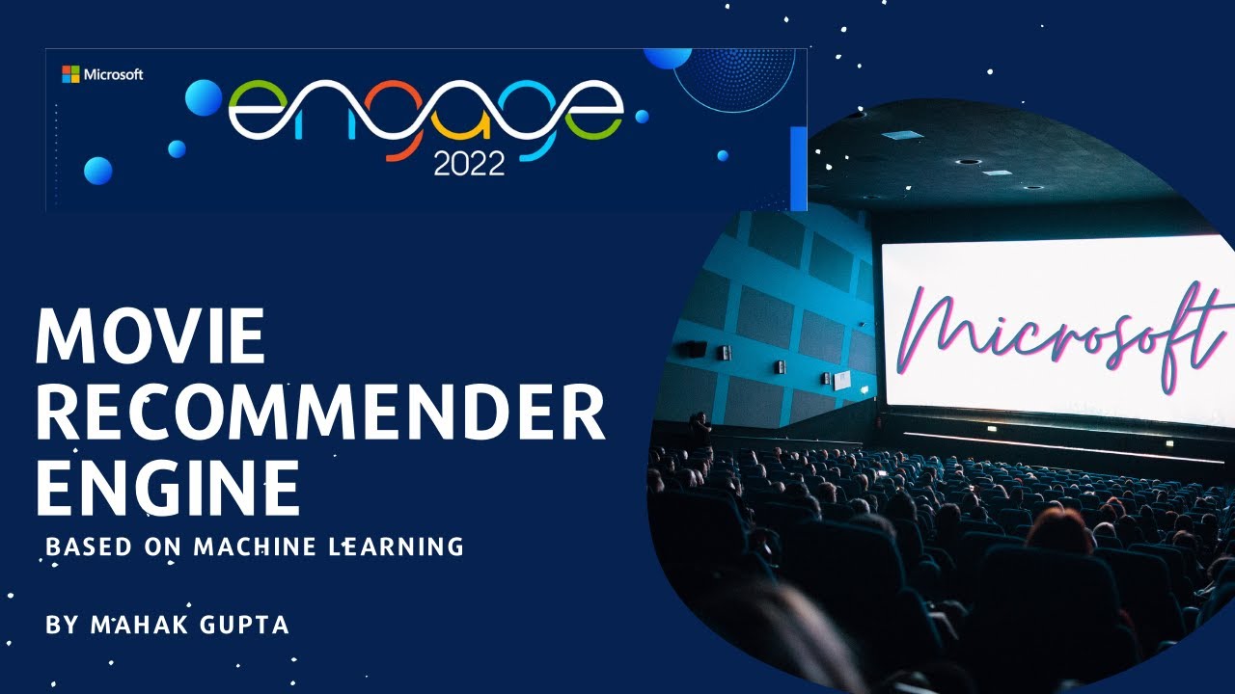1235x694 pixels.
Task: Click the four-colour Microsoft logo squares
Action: coord(70,74)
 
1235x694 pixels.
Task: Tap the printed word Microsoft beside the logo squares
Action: coord(114,74)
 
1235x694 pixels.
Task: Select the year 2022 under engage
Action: coord(469,164)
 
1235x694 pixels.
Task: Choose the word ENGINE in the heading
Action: coord(167,488)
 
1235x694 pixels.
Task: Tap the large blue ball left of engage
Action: coord(204,97)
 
